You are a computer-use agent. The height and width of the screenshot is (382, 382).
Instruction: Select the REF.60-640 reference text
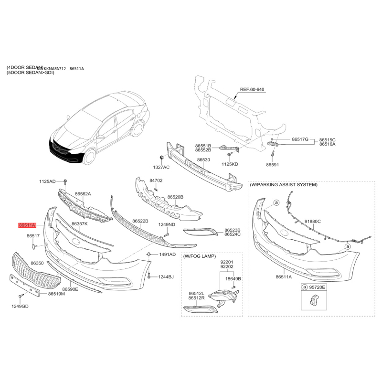tap(252, 90)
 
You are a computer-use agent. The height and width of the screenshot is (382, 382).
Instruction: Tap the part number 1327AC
tap(161, 168)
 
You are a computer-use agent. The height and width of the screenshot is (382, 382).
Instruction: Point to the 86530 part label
tap(203, 159)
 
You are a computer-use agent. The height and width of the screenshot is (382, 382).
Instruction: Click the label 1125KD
tap(230, 164)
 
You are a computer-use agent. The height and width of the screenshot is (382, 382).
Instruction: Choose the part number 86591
tap(273, 165)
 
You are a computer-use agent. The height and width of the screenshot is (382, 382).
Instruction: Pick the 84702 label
tap(156, 181)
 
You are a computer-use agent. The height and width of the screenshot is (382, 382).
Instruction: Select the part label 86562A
tap(82, 194)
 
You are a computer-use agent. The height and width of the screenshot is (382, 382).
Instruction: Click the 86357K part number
tap(79, 223)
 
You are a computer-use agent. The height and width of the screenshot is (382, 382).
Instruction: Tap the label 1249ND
tap(167, 224)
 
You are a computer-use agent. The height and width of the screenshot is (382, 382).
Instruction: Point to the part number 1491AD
tap(167, 255)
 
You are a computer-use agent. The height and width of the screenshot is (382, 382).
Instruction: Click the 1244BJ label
tap(167, 277)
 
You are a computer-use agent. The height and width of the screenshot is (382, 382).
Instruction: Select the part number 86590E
tap(70, 289)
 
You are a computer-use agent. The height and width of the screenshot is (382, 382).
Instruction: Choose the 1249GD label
tap(20, 306)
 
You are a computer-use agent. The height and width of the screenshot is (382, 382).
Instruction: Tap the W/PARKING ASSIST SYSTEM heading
tap(283, 184)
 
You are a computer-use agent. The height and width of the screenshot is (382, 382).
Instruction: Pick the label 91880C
tap(312, 222)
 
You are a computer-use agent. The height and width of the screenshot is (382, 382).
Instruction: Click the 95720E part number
tap(316, 288)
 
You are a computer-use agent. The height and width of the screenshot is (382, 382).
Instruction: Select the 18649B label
tap(233, 278)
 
